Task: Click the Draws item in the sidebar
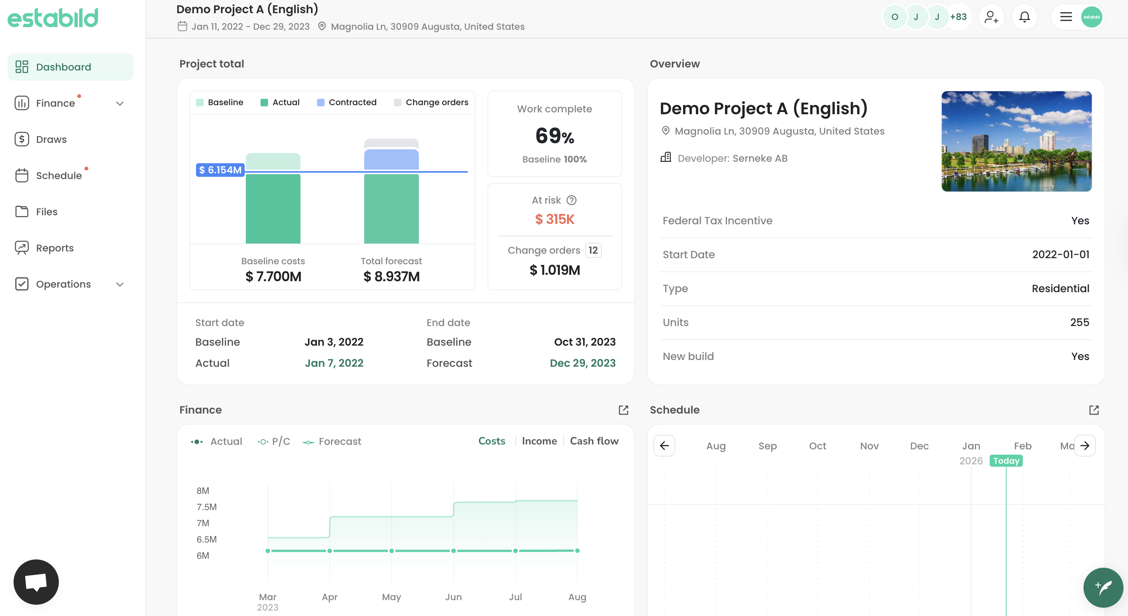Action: (x=51, y=139)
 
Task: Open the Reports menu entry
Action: (x=54, y=248)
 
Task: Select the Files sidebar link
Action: (x=46, y=211)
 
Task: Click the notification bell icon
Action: (x=1024, y=17)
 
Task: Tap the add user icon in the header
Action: (x=991, y=17)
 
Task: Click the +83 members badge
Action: (x=958, y=17)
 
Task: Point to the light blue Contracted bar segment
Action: (x=391, y=159)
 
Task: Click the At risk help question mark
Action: (x=572, y=200)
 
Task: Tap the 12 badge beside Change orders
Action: (x=593, y=250)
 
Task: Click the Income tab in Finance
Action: (x=539, y=441)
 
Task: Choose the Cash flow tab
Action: (x=594, y=441)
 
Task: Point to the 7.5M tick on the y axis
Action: (x=206, y=507)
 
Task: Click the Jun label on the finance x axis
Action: (x=453, y=597)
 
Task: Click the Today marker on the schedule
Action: (x=1006, y=461)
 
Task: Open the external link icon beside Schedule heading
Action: (x=1093, y=410)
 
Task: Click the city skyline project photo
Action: (x=1016, y=141)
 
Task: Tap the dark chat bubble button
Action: (x=36, y=581)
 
